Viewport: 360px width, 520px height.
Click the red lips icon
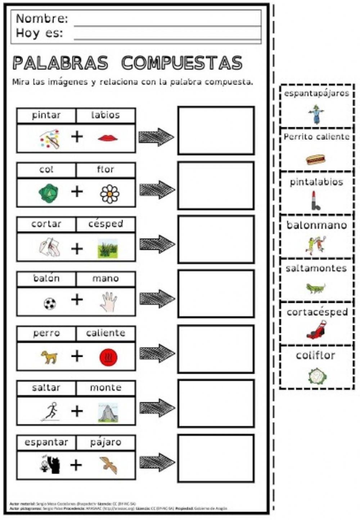[108, 138]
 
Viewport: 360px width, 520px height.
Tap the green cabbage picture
[49, 193]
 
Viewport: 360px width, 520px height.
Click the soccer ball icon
[50, 304]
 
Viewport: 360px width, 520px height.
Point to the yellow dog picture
[49, 357]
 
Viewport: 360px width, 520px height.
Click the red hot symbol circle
[108, 357]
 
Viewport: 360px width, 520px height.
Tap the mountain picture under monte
[108, 412]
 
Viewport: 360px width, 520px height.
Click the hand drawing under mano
[108, 302]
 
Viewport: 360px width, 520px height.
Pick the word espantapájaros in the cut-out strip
[316, 94]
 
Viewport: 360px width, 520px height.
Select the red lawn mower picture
[317, 330]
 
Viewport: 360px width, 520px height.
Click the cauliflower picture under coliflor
[317, 376]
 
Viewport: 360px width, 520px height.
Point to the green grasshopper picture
[316, 288]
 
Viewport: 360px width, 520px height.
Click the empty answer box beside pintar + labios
[216, 130]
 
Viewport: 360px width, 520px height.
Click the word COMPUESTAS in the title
[181, 63]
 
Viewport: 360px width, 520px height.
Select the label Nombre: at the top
[42, 18]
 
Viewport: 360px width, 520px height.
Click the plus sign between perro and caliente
[77, 356]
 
